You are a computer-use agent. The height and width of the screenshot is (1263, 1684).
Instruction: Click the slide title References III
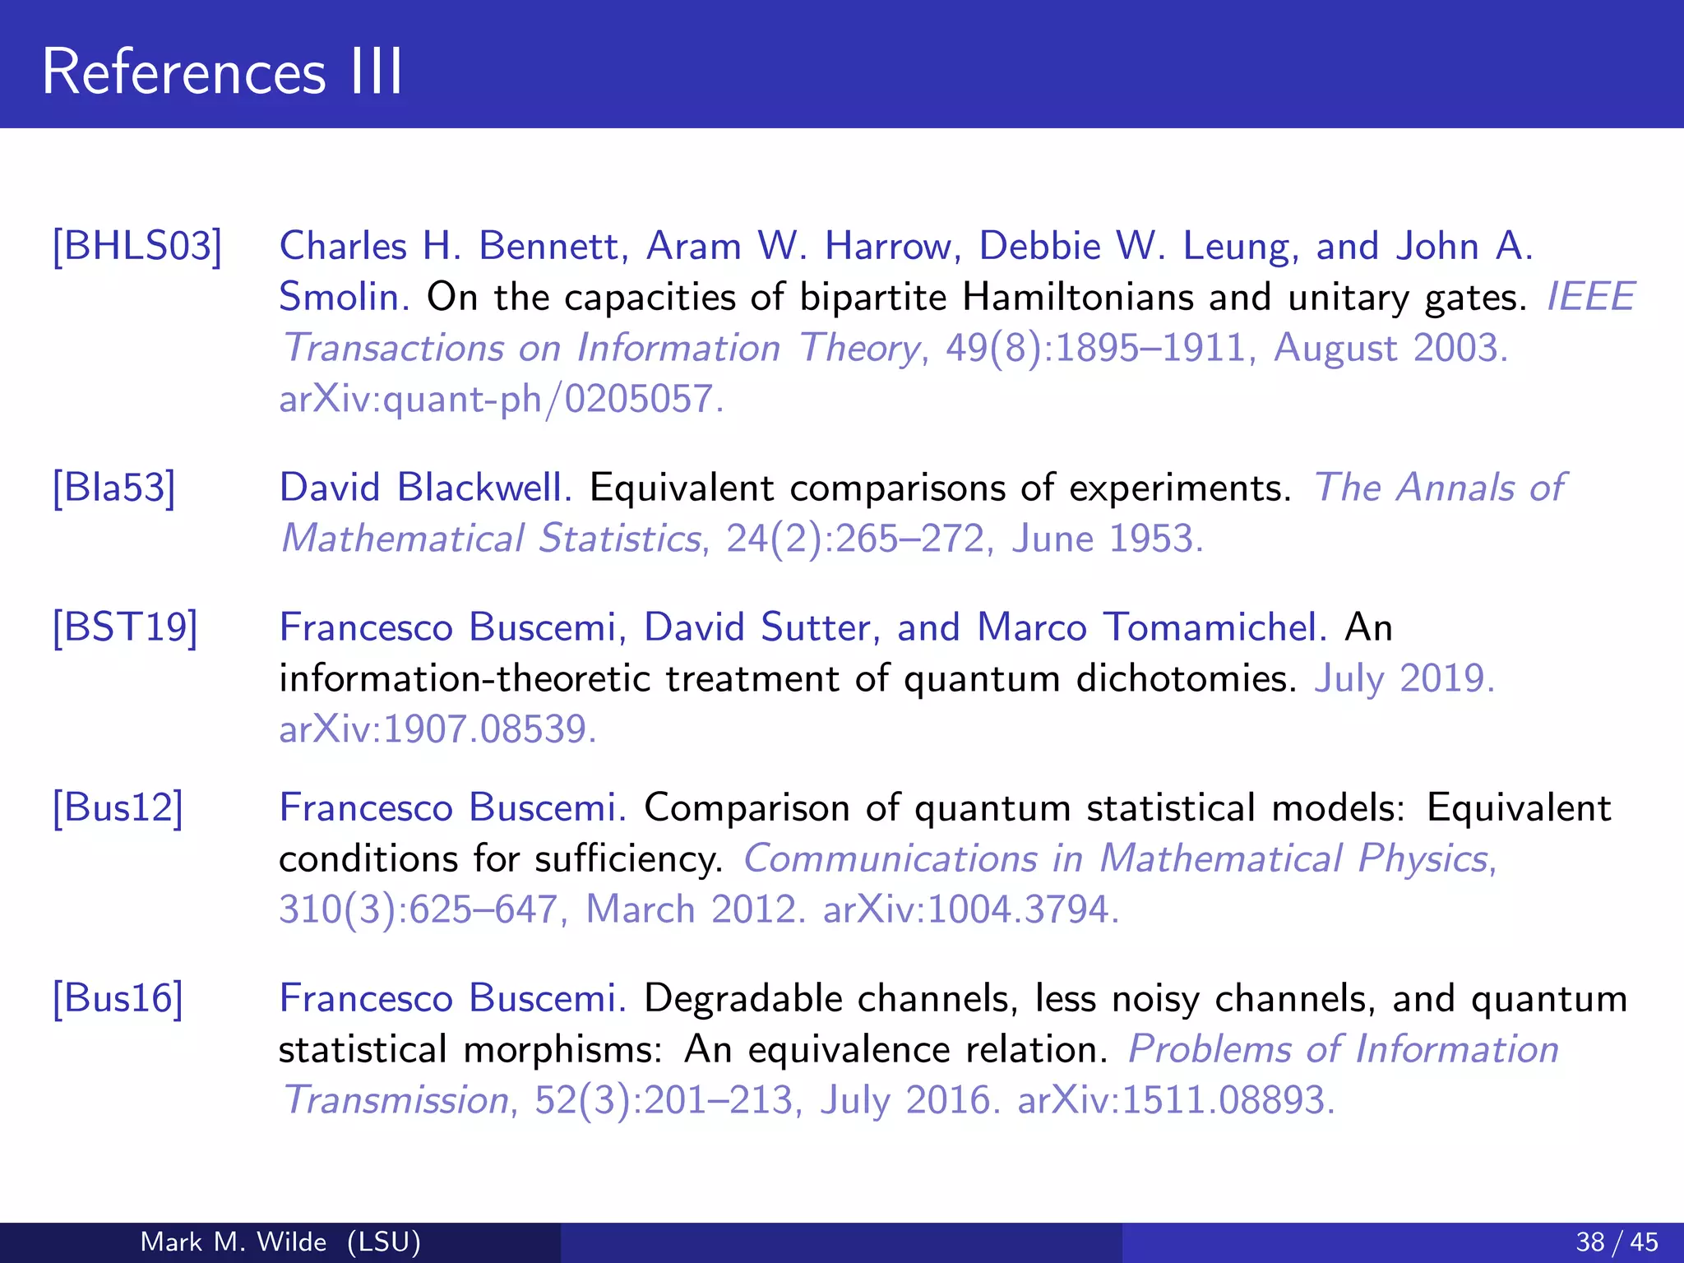(x=222, y=72)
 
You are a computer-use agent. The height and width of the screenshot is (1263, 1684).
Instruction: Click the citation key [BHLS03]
(x=137, y=246)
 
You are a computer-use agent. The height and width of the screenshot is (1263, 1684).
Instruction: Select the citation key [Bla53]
(x=114, y=488)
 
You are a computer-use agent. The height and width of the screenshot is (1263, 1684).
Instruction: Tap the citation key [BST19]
(x=125, y=627)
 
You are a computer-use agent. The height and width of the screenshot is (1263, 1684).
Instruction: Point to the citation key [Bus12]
(x=118, y=807)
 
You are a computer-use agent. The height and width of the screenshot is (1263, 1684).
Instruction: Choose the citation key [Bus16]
(x=118, y=998)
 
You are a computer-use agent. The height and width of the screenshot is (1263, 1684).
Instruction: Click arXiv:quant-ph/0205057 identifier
(x=501, y=400)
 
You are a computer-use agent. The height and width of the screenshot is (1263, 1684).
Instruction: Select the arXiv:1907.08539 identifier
(x=437, y=729)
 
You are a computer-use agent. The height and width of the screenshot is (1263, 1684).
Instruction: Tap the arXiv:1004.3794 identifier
(x=970, y=909)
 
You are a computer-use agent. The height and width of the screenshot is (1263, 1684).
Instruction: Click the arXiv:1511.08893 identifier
(x=1175, y=1100)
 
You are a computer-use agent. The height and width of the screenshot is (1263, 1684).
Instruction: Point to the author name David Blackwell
(x=425, y=488)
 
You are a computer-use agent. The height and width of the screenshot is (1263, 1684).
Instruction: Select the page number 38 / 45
(x=1617, y=1242)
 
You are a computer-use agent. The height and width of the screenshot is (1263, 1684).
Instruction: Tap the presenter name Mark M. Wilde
(x=234, y=1242)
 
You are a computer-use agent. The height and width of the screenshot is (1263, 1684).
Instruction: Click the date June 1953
(x=1107, y=539)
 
